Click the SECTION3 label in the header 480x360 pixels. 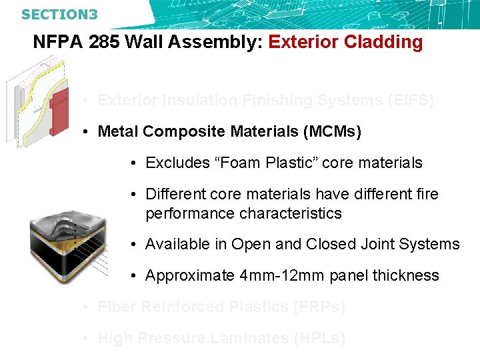click(x=59, y=13)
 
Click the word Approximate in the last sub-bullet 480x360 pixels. click(x=189, y=275)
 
